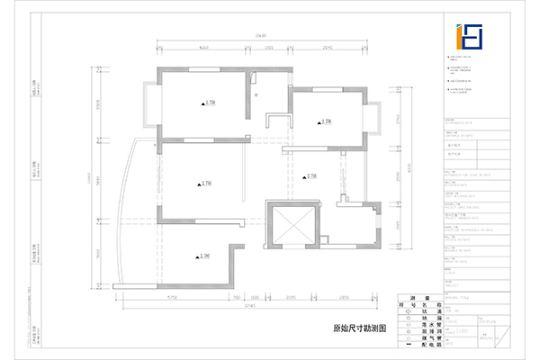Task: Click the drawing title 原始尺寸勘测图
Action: pos(358,330)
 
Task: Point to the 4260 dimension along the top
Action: pos(203,46)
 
